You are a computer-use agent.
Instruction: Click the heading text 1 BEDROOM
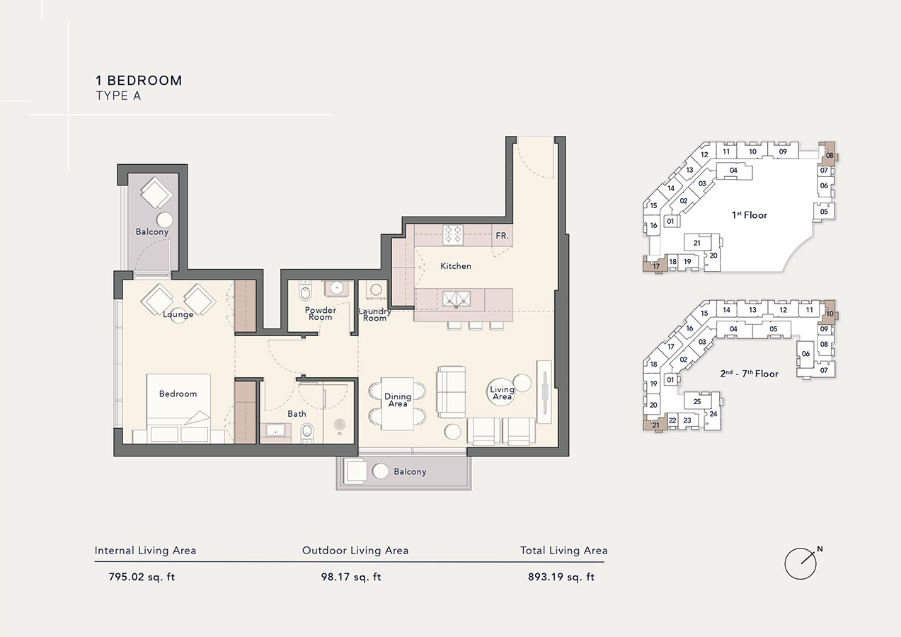click(139, 81)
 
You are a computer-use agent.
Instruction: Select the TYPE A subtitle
click(118, 96)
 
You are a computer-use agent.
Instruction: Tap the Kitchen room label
click(456, 266)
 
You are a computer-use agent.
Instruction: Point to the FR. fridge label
click(502, 236)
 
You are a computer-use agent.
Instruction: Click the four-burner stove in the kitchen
click(453, 235)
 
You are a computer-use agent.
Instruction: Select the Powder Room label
click(320, 314)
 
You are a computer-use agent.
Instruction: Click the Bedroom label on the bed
click(178, 394)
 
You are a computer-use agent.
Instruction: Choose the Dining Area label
click(398, 401)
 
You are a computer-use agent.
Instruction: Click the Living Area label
click(503, 394)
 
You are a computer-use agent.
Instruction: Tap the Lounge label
click(178, 314)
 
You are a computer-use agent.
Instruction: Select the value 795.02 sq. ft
click(142, 577)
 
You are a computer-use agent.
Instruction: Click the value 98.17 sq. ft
click(351, 577)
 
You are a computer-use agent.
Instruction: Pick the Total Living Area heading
click(563, 550)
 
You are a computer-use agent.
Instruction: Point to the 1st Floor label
click(750, 214)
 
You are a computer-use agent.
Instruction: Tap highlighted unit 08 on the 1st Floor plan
click(829, 155)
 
